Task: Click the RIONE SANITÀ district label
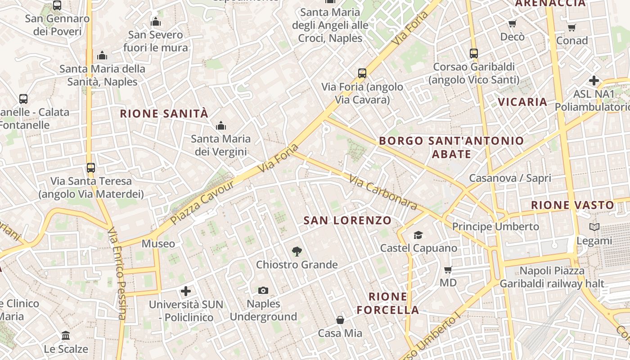coord(164,114)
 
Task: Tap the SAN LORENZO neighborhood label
coord(347,220)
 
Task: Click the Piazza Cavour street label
coord(202,202)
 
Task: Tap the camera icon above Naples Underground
coord(263,291)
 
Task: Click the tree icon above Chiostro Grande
coord(297,252)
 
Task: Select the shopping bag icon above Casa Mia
coord(340,320)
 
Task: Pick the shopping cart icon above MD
coord(448,270)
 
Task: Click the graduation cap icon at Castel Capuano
coord(418,235)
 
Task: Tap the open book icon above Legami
coord(594,227)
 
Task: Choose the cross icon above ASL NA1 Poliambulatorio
coord(594,81)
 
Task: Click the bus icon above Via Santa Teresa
coord(91,168)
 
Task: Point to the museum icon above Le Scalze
coord(66,336)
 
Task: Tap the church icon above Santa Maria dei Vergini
coord(220,126)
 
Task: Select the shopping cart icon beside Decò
coord(512,24)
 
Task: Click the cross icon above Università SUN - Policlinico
coord(186,291)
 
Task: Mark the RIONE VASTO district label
coord(572,205)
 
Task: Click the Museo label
coord(158,244)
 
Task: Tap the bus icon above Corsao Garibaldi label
coord(473,54)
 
